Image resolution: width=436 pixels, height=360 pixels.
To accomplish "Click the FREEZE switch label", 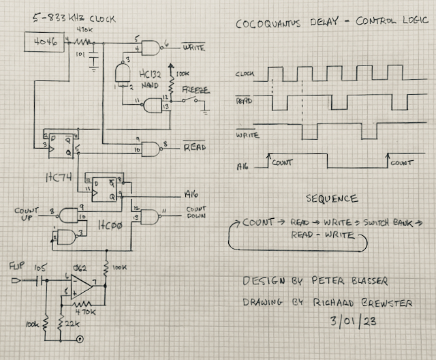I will tap(195, 90).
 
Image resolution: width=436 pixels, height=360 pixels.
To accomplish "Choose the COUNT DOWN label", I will tap(196, 213).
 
